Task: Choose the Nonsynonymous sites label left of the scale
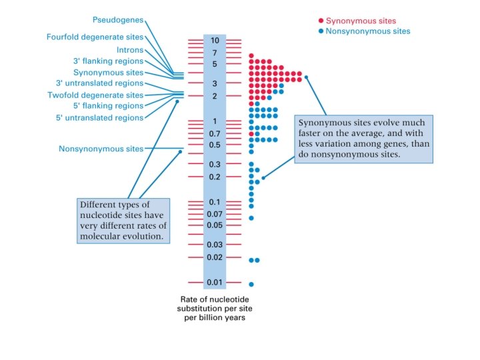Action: pyautogui.click(x=101, y=149)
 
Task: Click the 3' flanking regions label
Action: pyautogui.click(x=108, y=61)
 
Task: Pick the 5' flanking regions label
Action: pyautogui.click(x=108, y=106)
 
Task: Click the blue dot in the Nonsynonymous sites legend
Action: pyautogui.click(x=321, y=31)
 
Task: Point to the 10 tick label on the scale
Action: pyautogui.click(x=215, y=41)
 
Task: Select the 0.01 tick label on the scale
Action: pyautogui.click(x=214, y=282)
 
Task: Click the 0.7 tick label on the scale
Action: pyautogui.click(x=214, y=134)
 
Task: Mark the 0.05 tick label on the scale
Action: pyautogui.click(x=214, y=225)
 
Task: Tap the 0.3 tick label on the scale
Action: pyautogui.click(x=214, y=164)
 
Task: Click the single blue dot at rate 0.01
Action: pyautogui.click(x=251, y=284)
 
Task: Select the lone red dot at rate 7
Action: pyautogui.click(x=251, y=56)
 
